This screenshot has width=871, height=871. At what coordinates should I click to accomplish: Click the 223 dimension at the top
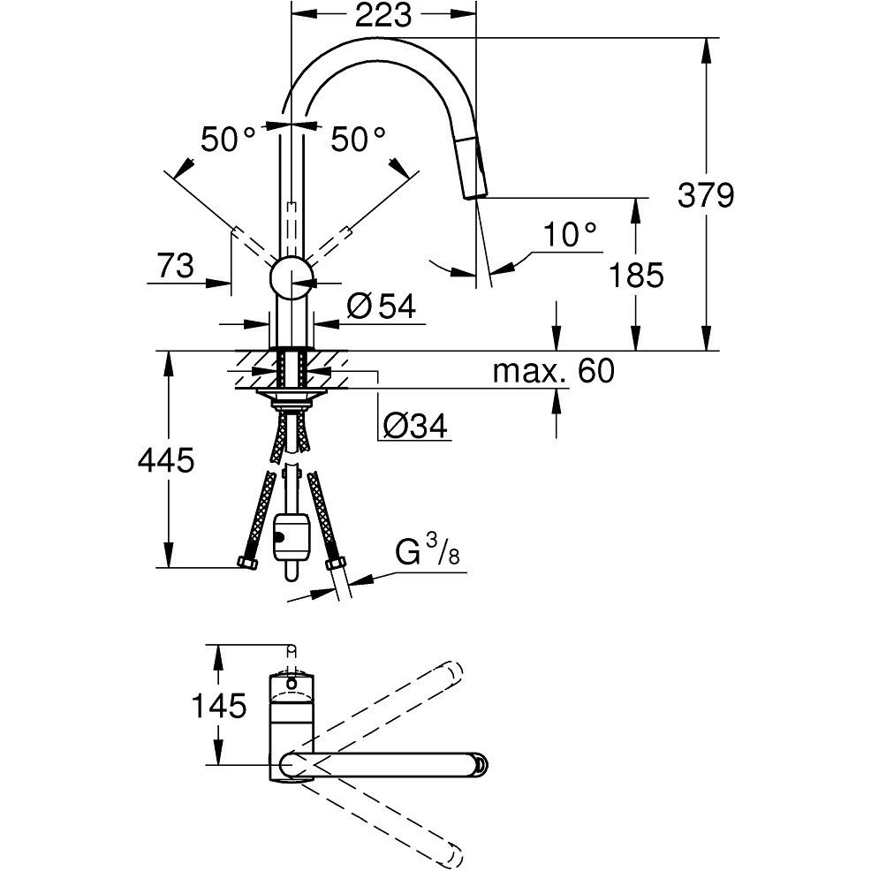pyautogui.click(x=386, y=15)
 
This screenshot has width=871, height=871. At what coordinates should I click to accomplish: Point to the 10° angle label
pyautogui.click(x=570, y=234)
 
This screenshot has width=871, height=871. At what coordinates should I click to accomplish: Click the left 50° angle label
pyautogui.click(x=227, y=139)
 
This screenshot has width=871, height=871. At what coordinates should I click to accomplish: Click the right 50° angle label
pyautogui.click(x=358, y=139)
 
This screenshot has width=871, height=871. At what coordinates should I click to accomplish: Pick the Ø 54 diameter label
pyautogui.click(x=381, y=307)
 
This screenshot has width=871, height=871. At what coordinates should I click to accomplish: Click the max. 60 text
pyautogui.click(x=553, y=371)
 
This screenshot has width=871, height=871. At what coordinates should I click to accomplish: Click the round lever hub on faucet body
pyautogui.click(x=290, y=279)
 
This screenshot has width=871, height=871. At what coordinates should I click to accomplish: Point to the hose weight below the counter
pyautogui.click(x=291, y=537)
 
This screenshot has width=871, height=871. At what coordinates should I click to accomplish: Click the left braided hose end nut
pyautogui.click(x=247, y=564)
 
